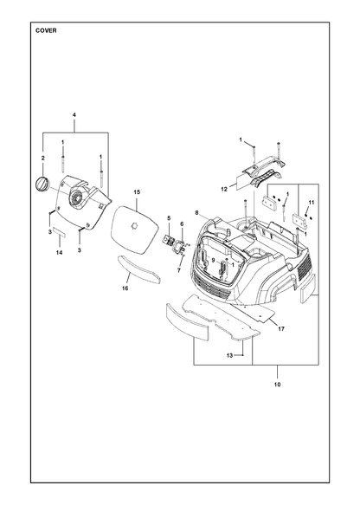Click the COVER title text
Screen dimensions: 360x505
pos(46,30)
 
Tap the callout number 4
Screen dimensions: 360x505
pos(74,115)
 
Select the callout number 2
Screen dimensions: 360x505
pos(42,159)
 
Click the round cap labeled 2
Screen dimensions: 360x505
pos(42,185)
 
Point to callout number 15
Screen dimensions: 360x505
pos(137,192)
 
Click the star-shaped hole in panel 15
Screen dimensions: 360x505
pos(134,226)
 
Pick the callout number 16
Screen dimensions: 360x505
pos(125,288)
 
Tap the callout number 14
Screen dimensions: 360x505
pos(59,253)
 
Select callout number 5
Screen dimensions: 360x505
pos(169,218)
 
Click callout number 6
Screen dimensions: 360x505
pos(182,223)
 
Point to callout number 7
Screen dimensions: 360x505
pos(179,270)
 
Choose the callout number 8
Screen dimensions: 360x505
pos(197,212)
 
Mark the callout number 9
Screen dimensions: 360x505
pos(213,260)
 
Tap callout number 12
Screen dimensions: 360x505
pos(224,190)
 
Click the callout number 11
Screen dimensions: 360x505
pos(311,202)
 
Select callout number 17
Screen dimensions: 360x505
pos(281,329)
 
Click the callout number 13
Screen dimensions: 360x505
pos(229,355)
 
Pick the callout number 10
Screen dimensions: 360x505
pos(277,385)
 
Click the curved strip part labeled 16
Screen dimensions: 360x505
pos(139,270)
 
